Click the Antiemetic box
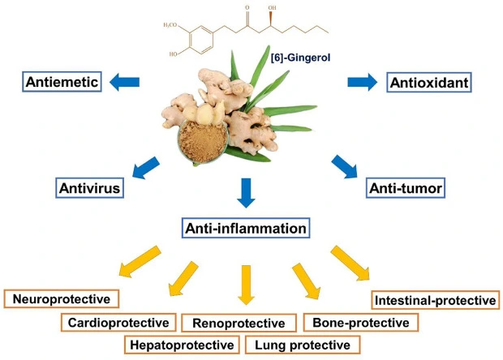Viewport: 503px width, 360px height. click(x=62, y=82)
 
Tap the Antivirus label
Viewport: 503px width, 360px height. click(x=89, y=188)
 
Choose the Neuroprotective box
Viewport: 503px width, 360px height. click(x=61, y=298)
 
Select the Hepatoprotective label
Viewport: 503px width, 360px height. click(x=183, y=345)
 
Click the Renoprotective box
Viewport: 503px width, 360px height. click(x=239, y=323)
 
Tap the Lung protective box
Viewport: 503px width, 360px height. click(x=301, y=345)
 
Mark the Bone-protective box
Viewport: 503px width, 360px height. click(x=360, y=323)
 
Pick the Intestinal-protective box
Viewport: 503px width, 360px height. click(x=434, y=300)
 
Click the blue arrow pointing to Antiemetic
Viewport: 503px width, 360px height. click(x=123, y=82)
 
